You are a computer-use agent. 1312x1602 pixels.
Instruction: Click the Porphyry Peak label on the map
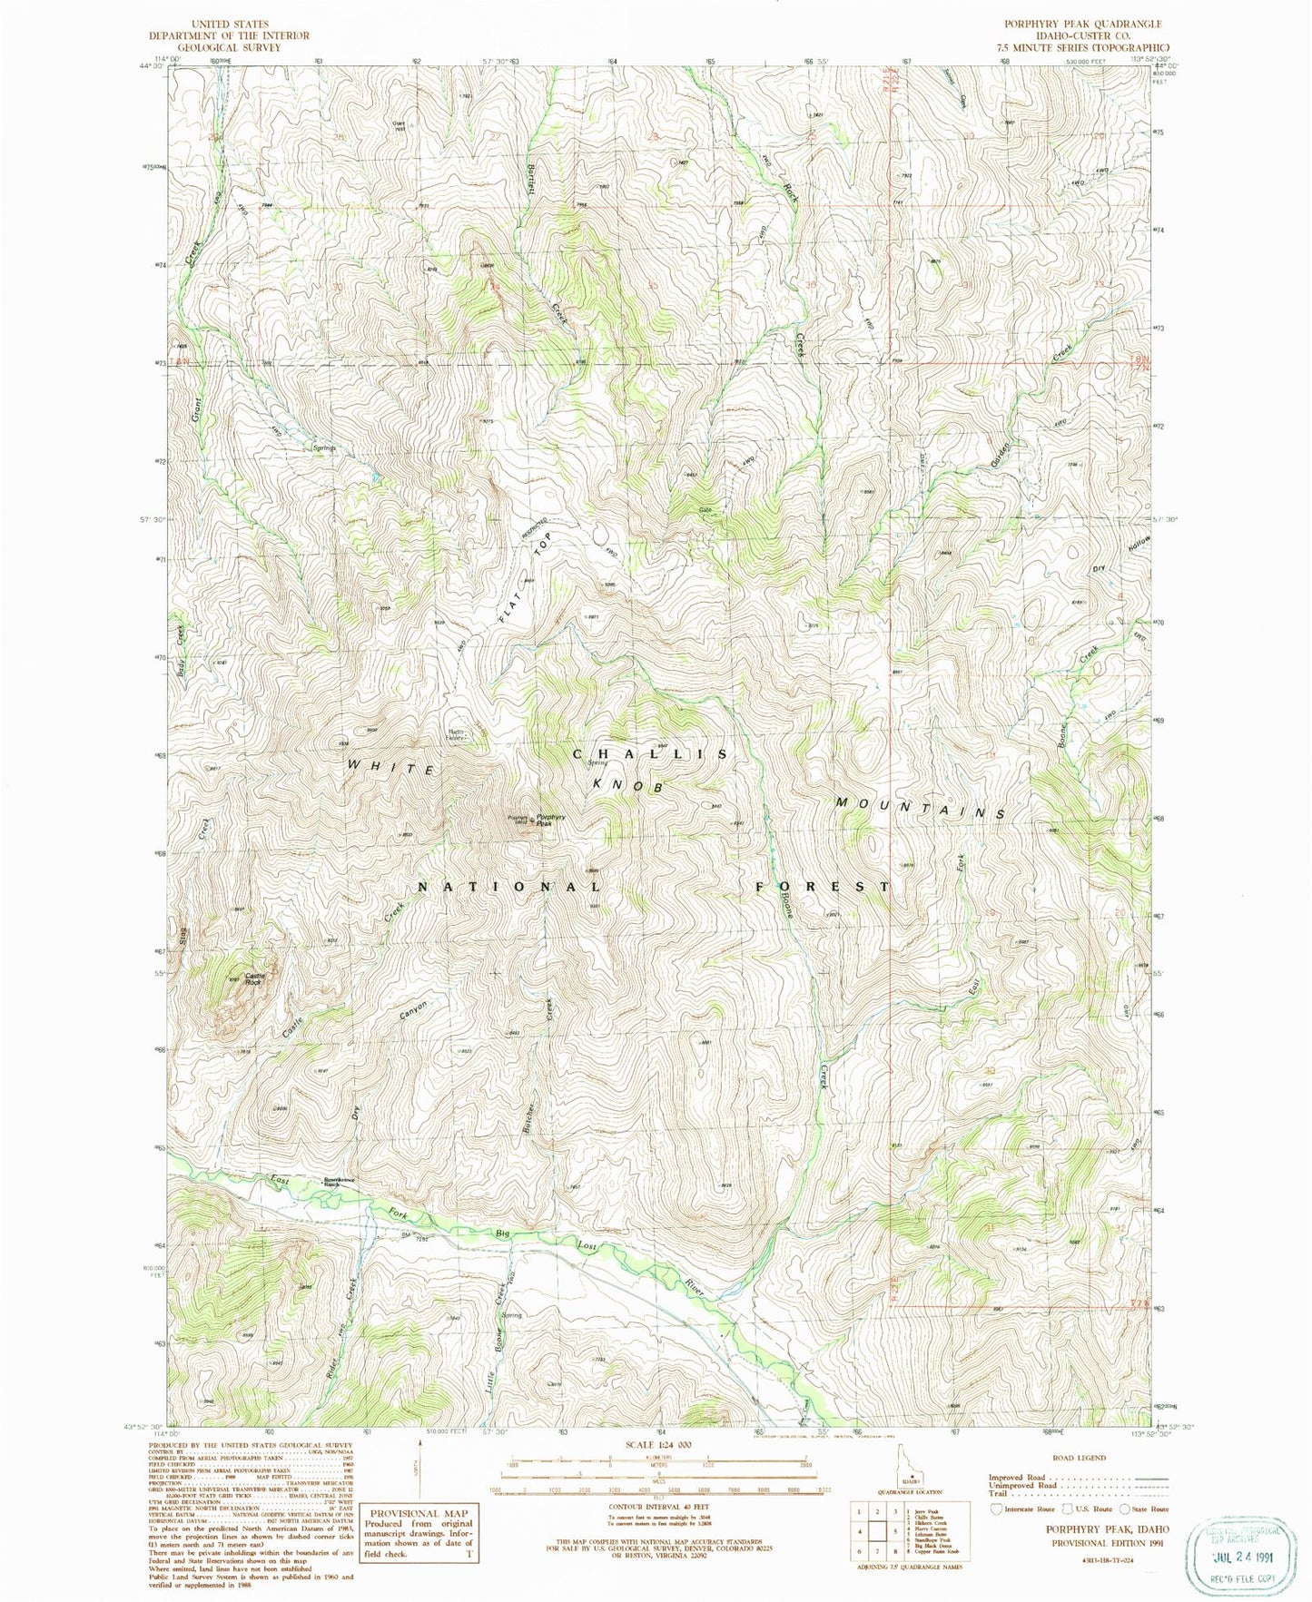[551, 820]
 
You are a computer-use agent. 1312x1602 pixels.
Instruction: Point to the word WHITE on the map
[390, 768]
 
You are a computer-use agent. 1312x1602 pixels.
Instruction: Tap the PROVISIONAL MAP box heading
[417, 1513]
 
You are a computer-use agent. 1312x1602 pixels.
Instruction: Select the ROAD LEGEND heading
[1080, 1458]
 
